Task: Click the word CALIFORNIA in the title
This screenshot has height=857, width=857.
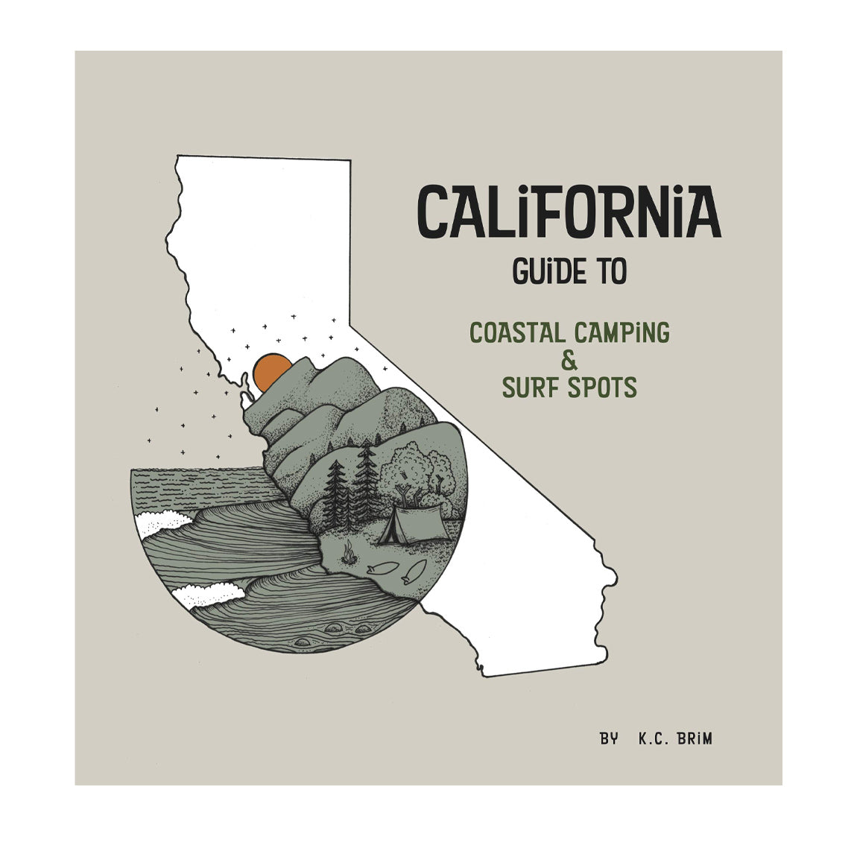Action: click(x=569, y=212)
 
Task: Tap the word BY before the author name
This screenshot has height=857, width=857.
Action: click(x=609, y=739)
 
